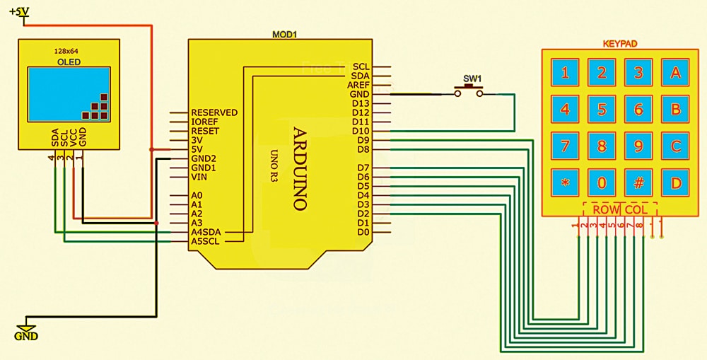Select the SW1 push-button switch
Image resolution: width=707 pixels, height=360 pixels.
[469, 89]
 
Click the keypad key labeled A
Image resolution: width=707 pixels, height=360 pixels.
[675, 72]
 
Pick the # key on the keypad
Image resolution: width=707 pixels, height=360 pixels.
[638, 183]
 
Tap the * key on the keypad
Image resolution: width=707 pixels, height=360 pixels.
[565, 183]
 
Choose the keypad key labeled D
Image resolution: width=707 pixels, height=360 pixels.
[675, 183]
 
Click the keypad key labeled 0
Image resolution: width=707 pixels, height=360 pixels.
[602, 183]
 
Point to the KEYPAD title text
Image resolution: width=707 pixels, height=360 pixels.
[620, 44]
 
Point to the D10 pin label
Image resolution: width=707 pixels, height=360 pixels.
[361, 131]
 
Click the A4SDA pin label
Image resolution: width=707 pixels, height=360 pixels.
[206, 232]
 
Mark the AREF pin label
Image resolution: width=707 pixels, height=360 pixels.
[358, 85]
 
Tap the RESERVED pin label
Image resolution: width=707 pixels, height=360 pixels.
[214, 112]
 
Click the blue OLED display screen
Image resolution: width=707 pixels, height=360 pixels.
[69, 94]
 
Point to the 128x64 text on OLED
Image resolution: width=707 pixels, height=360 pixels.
[66, 52]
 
